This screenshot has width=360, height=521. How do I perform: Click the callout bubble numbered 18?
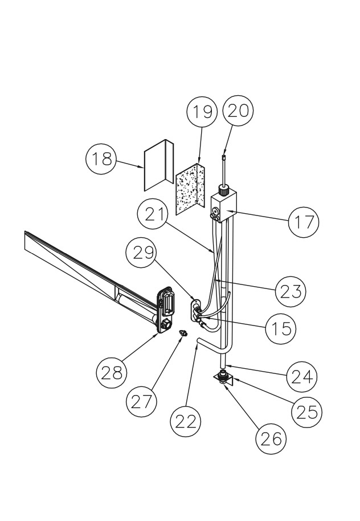[x=101, y=159]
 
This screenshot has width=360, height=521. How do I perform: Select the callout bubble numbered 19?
[x=202, y=112]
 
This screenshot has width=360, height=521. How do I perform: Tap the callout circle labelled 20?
[x=238, y=111]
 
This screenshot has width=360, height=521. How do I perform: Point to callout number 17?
[x=304, y=222]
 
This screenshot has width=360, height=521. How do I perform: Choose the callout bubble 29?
[x=141, y=253]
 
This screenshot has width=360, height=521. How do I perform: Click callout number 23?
[x=291, y=291]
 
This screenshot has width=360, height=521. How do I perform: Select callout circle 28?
[x=112, y=373]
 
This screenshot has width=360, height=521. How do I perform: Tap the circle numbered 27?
[x=141, y=401]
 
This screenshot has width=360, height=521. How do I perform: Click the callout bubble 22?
[x=185, y=421]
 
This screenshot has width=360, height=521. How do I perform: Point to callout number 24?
[x=302, y=377]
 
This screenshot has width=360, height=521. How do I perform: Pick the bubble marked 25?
[x=306, y=412]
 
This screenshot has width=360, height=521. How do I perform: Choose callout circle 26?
[x=271, y=439]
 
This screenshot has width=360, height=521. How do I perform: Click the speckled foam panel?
[x=190, y=190]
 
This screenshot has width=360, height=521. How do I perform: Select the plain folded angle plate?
[x=159, y=165]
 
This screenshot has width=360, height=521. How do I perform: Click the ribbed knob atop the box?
[x=223, y=192]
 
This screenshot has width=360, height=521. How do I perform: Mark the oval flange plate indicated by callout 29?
[x=194, y=310]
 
